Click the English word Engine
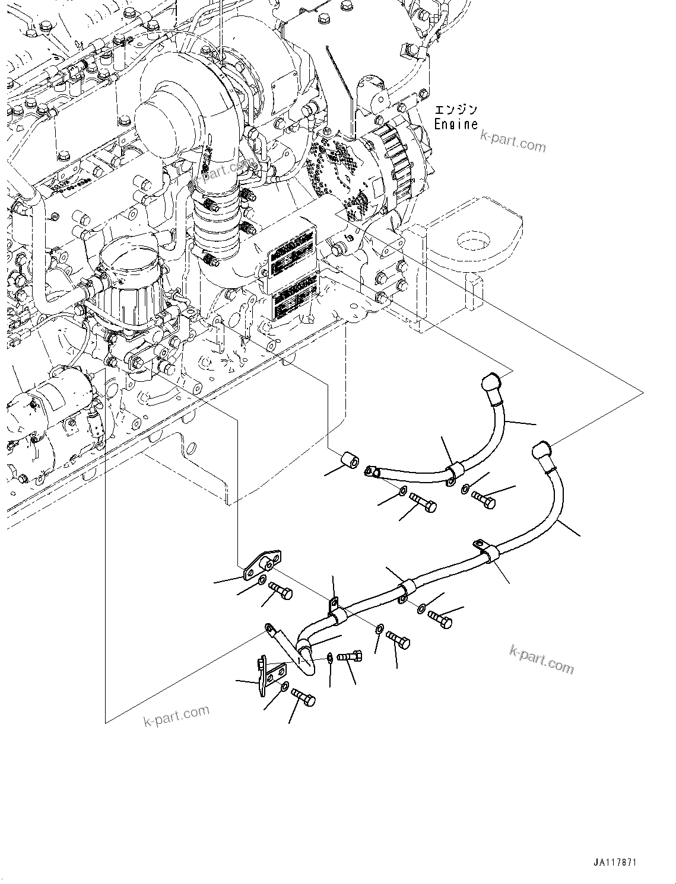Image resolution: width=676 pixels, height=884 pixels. click(x=456, y=124)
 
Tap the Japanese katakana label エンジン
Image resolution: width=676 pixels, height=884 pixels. click(x=456, y=110)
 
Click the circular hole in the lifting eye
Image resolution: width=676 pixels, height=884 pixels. click(x=473, y=240)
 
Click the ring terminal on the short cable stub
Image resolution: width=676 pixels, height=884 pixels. click(x=269, y=627)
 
